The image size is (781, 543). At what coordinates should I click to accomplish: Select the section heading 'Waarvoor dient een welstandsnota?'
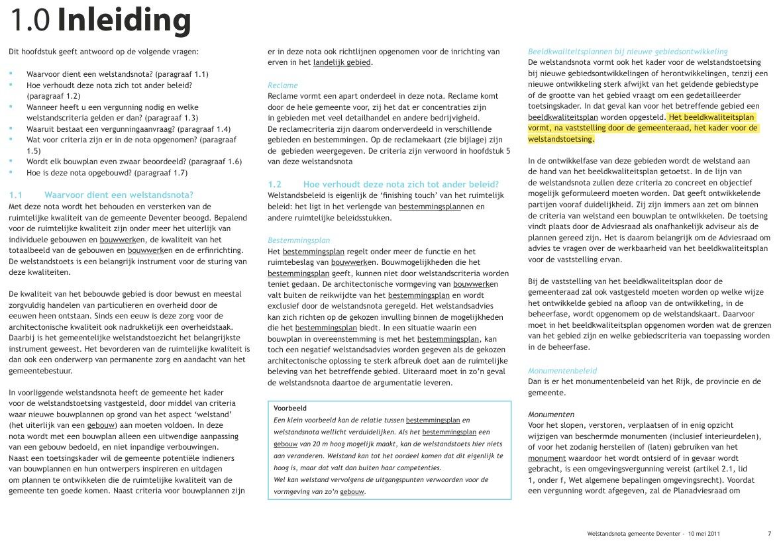[x=119, y=195]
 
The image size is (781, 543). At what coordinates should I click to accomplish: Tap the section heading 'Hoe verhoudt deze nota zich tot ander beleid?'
[x=400, y=184]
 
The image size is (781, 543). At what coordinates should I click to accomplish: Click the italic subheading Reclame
[x=283, y=85]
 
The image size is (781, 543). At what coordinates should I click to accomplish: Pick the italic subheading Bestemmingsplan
[x=299, y=240]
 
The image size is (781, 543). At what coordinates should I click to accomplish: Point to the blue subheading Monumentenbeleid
[x=562, y=371]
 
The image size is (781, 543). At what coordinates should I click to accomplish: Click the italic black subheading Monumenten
[x=550, y=415]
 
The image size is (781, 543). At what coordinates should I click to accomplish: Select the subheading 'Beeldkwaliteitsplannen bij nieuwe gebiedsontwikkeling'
[x=627, y=51]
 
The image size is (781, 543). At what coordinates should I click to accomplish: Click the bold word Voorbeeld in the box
[x=290, y=409]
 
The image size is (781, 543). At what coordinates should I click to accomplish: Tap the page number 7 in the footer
[x=769, y=533]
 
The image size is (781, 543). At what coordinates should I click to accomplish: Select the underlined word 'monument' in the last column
[x=547, y=458]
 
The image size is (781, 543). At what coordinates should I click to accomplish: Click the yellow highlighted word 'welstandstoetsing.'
[x=561, y=140]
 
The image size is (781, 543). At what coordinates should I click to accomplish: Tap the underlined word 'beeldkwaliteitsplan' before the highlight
[x=561, y=117]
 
